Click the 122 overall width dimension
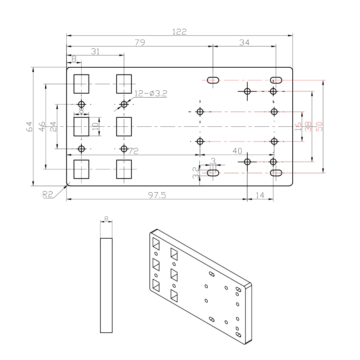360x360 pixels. (x=179, y=32)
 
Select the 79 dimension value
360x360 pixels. (x=140, y=42)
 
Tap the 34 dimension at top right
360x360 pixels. (x=244, y=42)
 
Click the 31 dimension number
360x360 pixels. (x=95, y=51)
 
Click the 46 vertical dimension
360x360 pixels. (x=42, y=126)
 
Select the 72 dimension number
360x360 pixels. (x=134, y=151)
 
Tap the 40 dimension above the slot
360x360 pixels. (x=237, y=151)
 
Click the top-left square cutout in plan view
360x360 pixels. (x=81, y=84)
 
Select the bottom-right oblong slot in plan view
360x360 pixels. (x=276, y=173)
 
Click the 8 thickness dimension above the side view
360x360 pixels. (x=106, y=218)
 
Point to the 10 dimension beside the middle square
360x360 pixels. (x=95, y=126)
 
